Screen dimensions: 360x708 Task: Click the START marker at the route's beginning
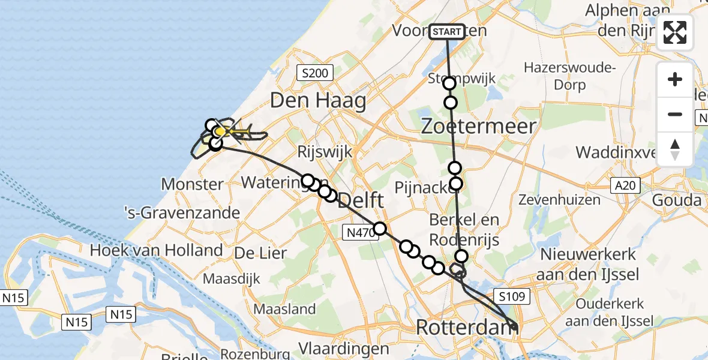click(x=447, y=31)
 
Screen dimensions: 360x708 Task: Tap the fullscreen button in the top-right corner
click(x=675, y=32)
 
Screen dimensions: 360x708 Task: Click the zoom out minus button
click(x=675, y=114)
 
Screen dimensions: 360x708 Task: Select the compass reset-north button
click(x=675, y=149)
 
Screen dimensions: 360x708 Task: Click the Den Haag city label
click(x=318, y=100)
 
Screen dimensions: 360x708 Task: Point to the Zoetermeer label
click(x=478, y=126)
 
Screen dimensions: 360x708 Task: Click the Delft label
click(x=361, y=203)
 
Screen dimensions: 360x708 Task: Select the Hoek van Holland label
click(x=156, y=250)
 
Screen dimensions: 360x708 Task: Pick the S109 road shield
click(x=511, y=296)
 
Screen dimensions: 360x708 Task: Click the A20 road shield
click(x=625, y=186)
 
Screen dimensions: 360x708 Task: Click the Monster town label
click(x=193, y=184)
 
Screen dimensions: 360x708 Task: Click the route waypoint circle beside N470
click(x=380, y=228)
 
